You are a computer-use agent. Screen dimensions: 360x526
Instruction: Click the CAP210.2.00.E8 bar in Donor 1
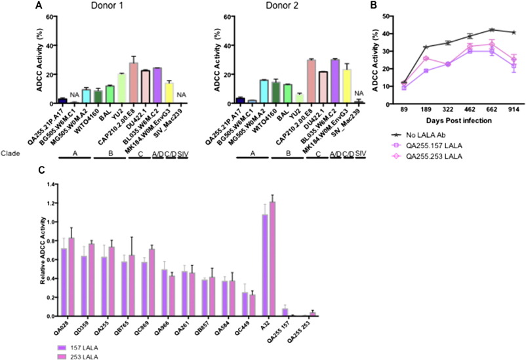click(x=134, y=83)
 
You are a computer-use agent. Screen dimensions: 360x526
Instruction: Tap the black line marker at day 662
click(x=491, y=30)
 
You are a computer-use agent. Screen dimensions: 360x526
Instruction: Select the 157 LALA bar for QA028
click(x=64, y=283)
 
